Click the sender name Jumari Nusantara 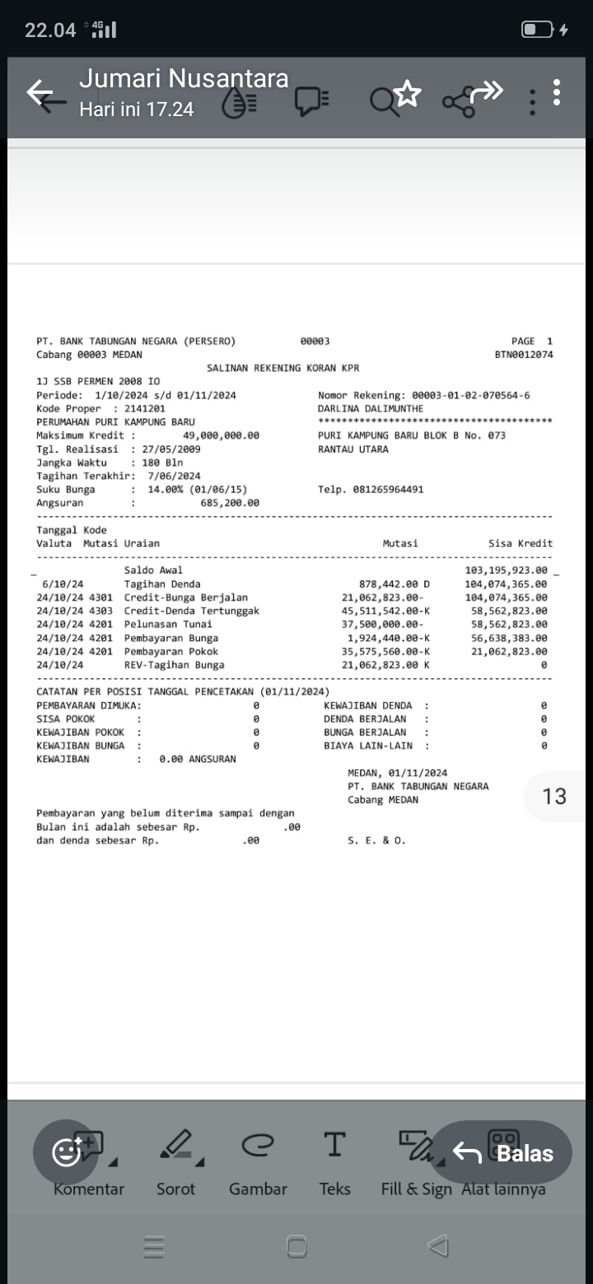coord(184,78)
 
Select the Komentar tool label coord(89,1189)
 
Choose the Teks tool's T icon coord(334,1144)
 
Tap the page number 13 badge coord(554,796)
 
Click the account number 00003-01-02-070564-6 coord(470,395)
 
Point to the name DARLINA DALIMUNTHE coord(371,408)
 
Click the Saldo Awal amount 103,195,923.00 coord(506,570)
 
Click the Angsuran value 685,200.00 coord(230,503)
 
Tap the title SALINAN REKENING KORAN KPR coord(282,368)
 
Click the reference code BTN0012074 coord(523,355)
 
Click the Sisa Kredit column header coord(521,543)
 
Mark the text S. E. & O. coord(377,840)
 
